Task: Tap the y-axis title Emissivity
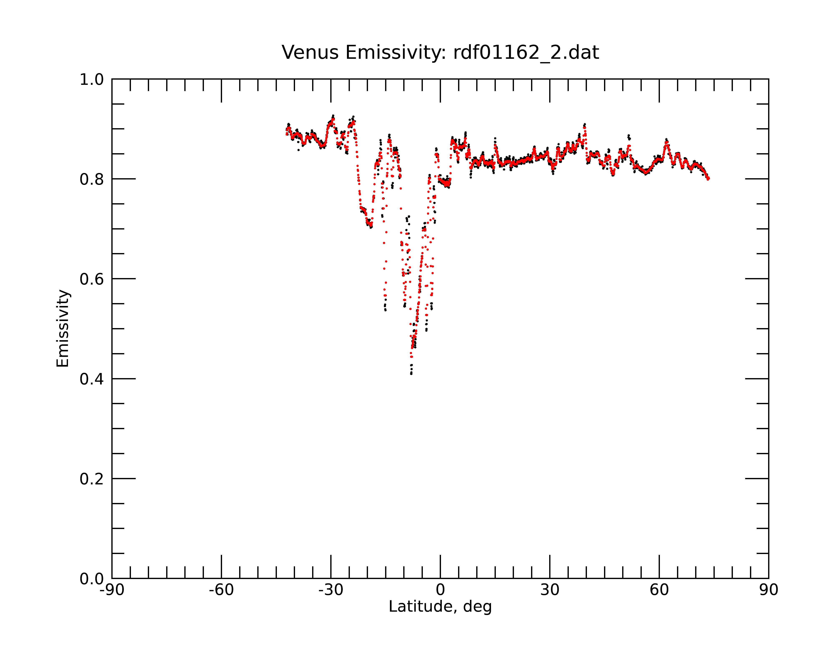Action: tap(63, 328)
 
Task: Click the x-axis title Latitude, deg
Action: tap(440, 607)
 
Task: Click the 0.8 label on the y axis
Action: tap(92, 179)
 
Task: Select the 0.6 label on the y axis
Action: tap(92, 279)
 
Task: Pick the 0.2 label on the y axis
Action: tap(92, 479)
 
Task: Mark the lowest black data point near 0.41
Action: tap(411, 374)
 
